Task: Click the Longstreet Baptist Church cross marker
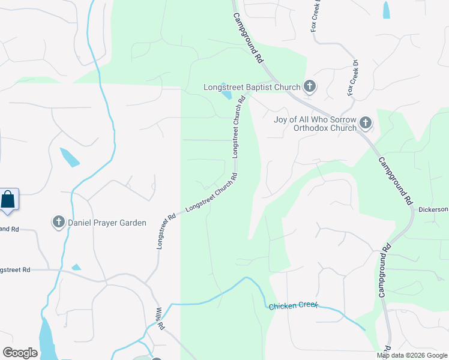pyautogui.click(x=310, y=87)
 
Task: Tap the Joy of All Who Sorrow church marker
pyautogui.click(x=366, y=124)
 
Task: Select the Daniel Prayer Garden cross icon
pyautogui.click(x=59, y=223)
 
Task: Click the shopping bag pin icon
pyautogui.click(x=8, y=199)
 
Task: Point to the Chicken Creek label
pyautogui.click(x=292, y=306)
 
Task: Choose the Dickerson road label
pyautogui.click(x=433, y=209)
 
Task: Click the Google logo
pyautogui.click(x=20, y=352)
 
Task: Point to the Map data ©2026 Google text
pyautogui.click(x=411, y=355)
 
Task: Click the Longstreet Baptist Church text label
pyautogui.click(x=252, y=87)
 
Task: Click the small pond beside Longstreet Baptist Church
pyautogui.click(x=226, y=92)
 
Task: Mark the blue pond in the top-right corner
pyautogui.click(x=386, y=10)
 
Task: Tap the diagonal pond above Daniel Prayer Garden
pyautogui.click(x=69, y=157)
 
